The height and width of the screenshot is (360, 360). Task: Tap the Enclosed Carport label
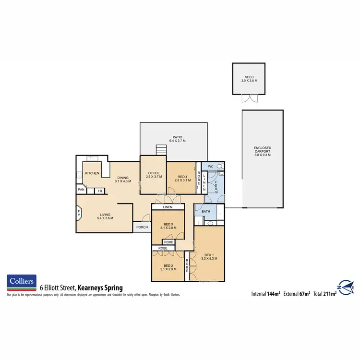pos(263,152)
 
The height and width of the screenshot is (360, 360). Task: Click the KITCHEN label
pos(92,173)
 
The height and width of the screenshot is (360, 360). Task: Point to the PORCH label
pos(142,227)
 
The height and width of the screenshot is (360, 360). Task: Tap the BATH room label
pos(206,211)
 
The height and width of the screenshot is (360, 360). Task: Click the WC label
pos(210,167)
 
